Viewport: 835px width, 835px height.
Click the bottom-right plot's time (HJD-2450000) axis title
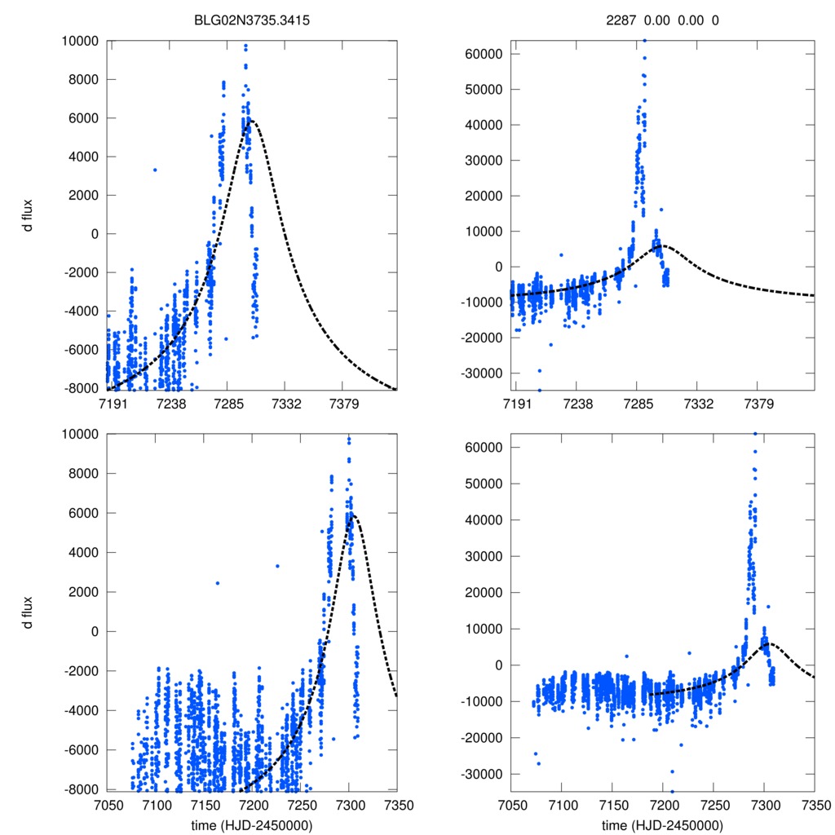point(662,825)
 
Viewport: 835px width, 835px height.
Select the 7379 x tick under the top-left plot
point(343,404)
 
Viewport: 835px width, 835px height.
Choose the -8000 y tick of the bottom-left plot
point(82,789)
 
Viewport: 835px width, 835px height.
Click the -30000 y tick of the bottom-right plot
point(485,773)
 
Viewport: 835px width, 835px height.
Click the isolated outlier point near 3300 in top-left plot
point(155,170)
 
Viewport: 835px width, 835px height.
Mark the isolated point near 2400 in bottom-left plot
point(218,583)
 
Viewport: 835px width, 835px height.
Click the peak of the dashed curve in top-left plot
point(250,121)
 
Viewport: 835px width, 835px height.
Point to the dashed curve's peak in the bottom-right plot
point(769,644)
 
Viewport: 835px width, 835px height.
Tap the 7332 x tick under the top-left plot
point(285,404)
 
